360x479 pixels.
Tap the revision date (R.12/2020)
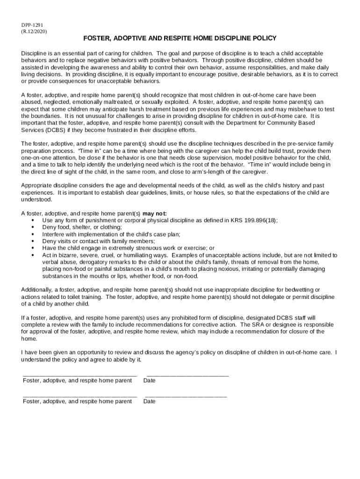(34, 31)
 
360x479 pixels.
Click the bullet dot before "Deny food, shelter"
(32, 227)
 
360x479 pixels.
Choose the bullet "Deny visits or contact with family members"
(98, 241)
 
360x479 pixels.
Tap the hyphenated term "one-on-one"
(36, 158)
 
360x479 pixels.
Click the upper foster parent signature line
(80, 375)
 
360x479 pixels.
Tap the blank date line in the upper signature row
(187, 375)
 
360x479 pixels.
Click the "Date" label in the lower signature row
(150, 401)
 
